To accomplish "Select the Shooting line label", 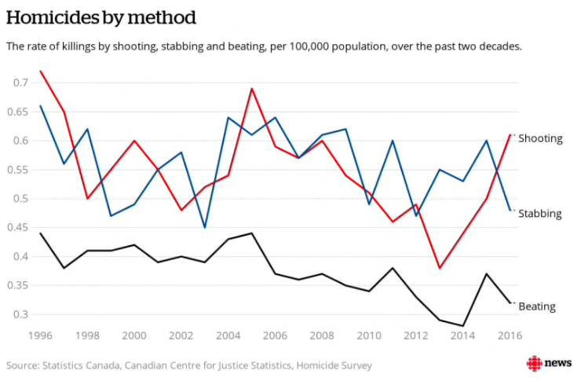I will [x=540, y=138].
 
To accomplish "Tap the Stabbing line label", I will [x=540, y=214].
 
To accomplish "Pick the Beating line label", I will [x=537, y=306].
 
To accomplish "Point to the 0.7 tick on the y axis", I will [x=20, y=82].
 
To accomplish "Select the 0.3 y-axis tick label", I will [x=20, y=314].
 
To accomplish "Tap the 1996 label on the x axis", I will [x=41, y=335].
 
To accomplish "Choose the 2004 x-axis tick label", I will [x=228, y=335].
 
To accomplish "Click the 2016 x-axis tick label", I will [x=510, y=335].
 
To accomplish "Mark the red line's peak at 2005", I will [x=252, y=89].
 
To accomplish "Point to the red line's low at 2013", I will [x=440, y=268].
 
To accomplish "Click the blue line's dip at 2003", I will [x=205, y=227].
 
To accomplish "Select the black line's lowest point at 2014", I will [x=463, y=325].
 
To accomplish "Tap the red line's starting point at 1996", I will [x=41, y=71].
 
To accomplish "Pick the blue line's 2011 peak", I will [x=393, y=141].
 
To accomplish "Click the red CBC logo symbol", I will [x=534, y=363].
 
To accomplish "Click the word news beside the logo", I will [x=558, y=364].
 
